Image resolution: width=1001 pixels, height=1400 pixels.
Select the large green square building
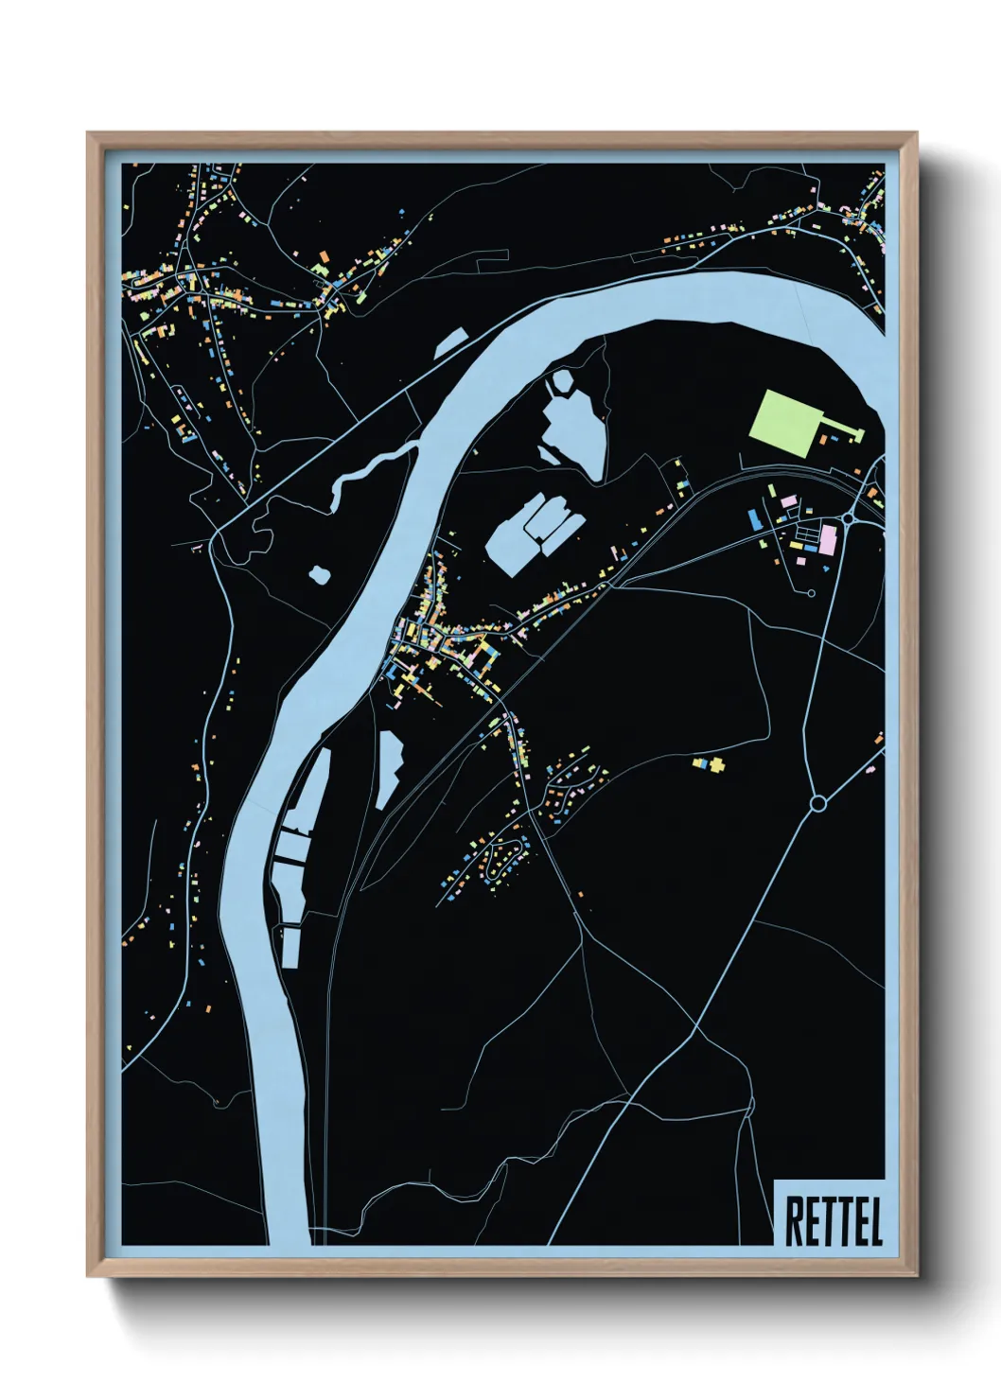783,423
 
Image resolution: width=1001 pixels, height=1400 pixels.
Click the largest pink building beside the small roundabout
828,540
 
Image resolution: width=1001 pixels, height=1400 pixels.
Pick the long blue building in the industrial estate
754,519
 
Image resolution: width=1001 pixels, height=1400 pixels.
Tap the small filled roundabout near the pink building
849,517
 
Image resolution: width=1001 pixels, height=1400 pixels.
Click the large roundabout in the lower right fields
818,803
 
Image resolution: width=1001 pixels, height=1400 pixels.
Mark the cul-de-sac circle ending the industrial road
812,593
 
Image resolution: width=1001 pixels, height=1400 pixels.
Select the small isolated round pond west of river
320,573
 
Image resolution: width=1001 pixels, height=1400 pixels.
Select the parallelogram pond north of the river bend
451,342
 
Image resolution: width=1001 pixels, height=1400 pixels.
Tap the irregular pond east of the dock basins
388,766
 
